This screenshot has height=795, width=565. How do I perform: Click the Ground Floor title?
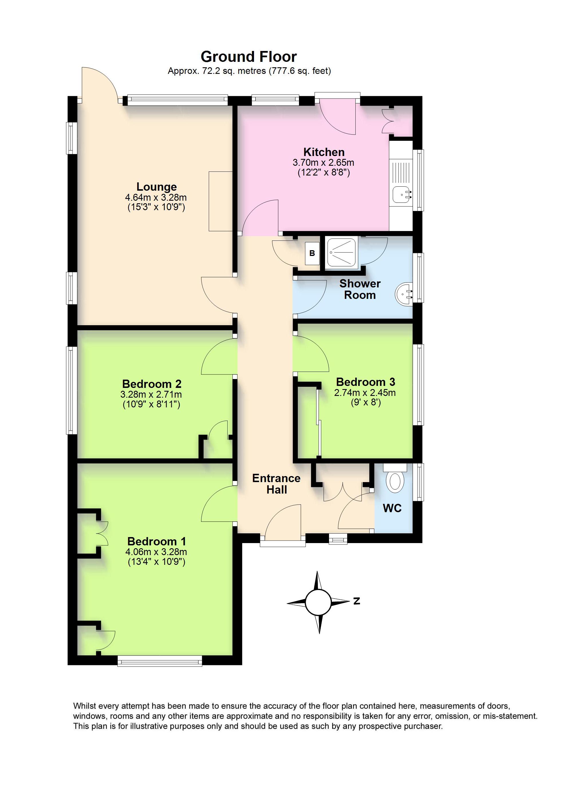249,57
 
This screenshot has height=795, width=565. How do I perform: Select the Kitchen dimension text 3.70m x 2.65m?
323,162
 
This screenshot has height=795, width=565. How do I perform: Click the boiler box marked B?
312,253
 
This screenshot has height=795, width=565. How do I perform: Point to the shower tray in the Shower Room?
340,253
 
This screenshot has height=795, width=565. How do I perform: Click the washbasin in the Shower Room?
403,295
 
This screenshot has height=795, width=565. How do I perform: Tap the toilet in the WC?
395,481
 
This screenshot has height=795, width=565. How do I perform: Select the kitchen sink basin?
403,195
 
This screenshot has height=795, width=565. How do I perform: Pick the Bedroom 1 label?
157,541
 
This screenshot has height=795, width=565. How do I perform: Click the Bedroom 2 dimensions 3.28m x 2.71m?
151,395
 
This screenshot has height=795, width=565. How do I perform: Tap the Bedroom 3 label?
365,382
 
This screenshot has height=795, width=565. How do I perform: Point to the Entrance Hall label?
277,484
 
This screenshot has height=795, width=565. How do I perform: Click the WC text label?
392,508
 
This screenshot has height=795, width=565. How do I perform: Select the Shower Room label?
360,289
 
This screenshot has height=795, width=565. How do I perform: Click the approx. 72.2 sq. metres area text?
249,71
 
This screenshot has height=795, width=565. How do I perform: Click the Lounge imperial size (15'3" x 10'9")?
156,207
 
